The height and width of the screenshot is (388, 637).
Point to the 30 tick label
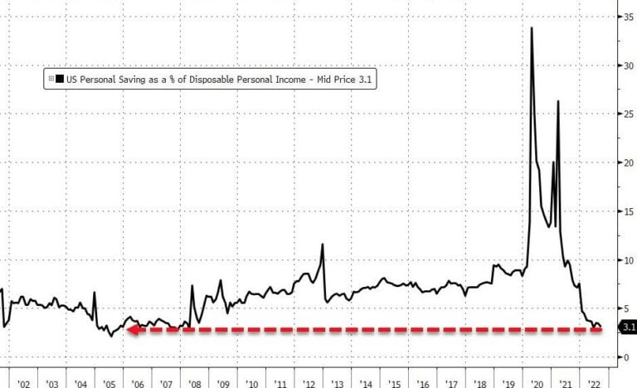tap(629, 65)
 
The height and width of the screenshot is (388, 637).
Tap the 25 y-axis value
tap(629, 114)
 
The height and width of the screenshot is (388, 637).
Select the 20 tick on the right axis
tap(629, 162)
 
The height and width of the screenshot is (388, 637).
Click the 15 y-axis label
tap(629, 211)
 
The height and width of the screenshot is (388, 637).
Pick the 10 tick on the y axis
tap(629, 260)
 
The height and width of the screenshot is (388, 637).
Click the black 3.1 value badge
tap(628, 327)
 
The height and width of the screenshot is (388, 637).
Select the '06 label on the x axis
tap(138, 385)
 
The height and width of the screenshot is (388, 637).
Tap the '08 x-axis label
tap(195, 385)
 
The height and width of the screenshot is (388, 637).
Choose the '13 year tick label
tap(338, 385)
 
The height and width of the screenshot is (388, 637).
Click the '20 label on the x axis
tap(537, 385)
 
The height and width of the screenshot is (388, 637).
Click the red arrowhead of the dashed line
tap(132, 330)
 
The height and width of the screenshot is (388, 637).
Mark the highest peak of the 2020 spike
tap(531, 28)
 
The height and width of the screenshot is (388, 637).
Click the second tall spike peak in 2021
tap(557, 101)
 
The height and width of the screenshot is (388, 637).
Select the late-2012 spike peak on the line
tap(321, 244)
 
